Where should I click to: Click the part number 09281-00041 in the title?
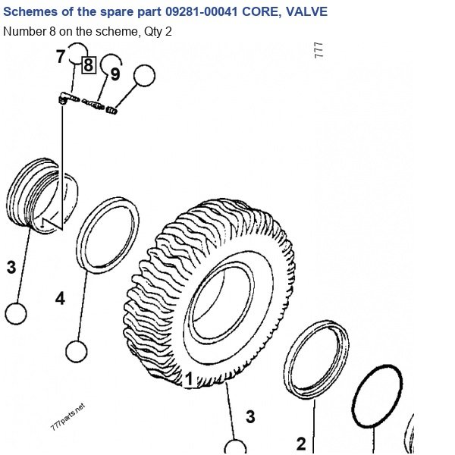202,12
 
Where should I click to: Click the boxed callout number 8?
89,64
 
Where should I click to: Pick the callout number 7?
61,56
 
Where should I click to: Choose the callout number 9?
115,74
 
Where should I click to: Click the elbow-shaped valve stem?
68,98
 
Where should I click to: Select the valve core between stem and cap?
93,104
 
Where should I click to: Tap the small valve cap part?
111,110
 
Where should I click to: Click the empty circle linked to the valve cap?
144,75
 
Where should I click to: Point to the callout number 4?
60,299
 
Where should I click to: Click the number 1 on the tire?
189,379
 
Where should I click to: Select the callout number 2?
302,444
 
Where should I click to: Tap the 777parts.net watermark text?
68,416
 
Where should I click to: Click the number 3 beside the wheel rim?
11,267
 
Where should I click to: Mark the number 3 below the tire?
250,416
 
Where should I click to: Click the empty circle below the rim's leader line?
16,314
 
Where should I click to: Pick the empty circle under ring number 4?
77,351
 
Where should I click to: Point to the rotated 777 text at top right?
318,50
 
